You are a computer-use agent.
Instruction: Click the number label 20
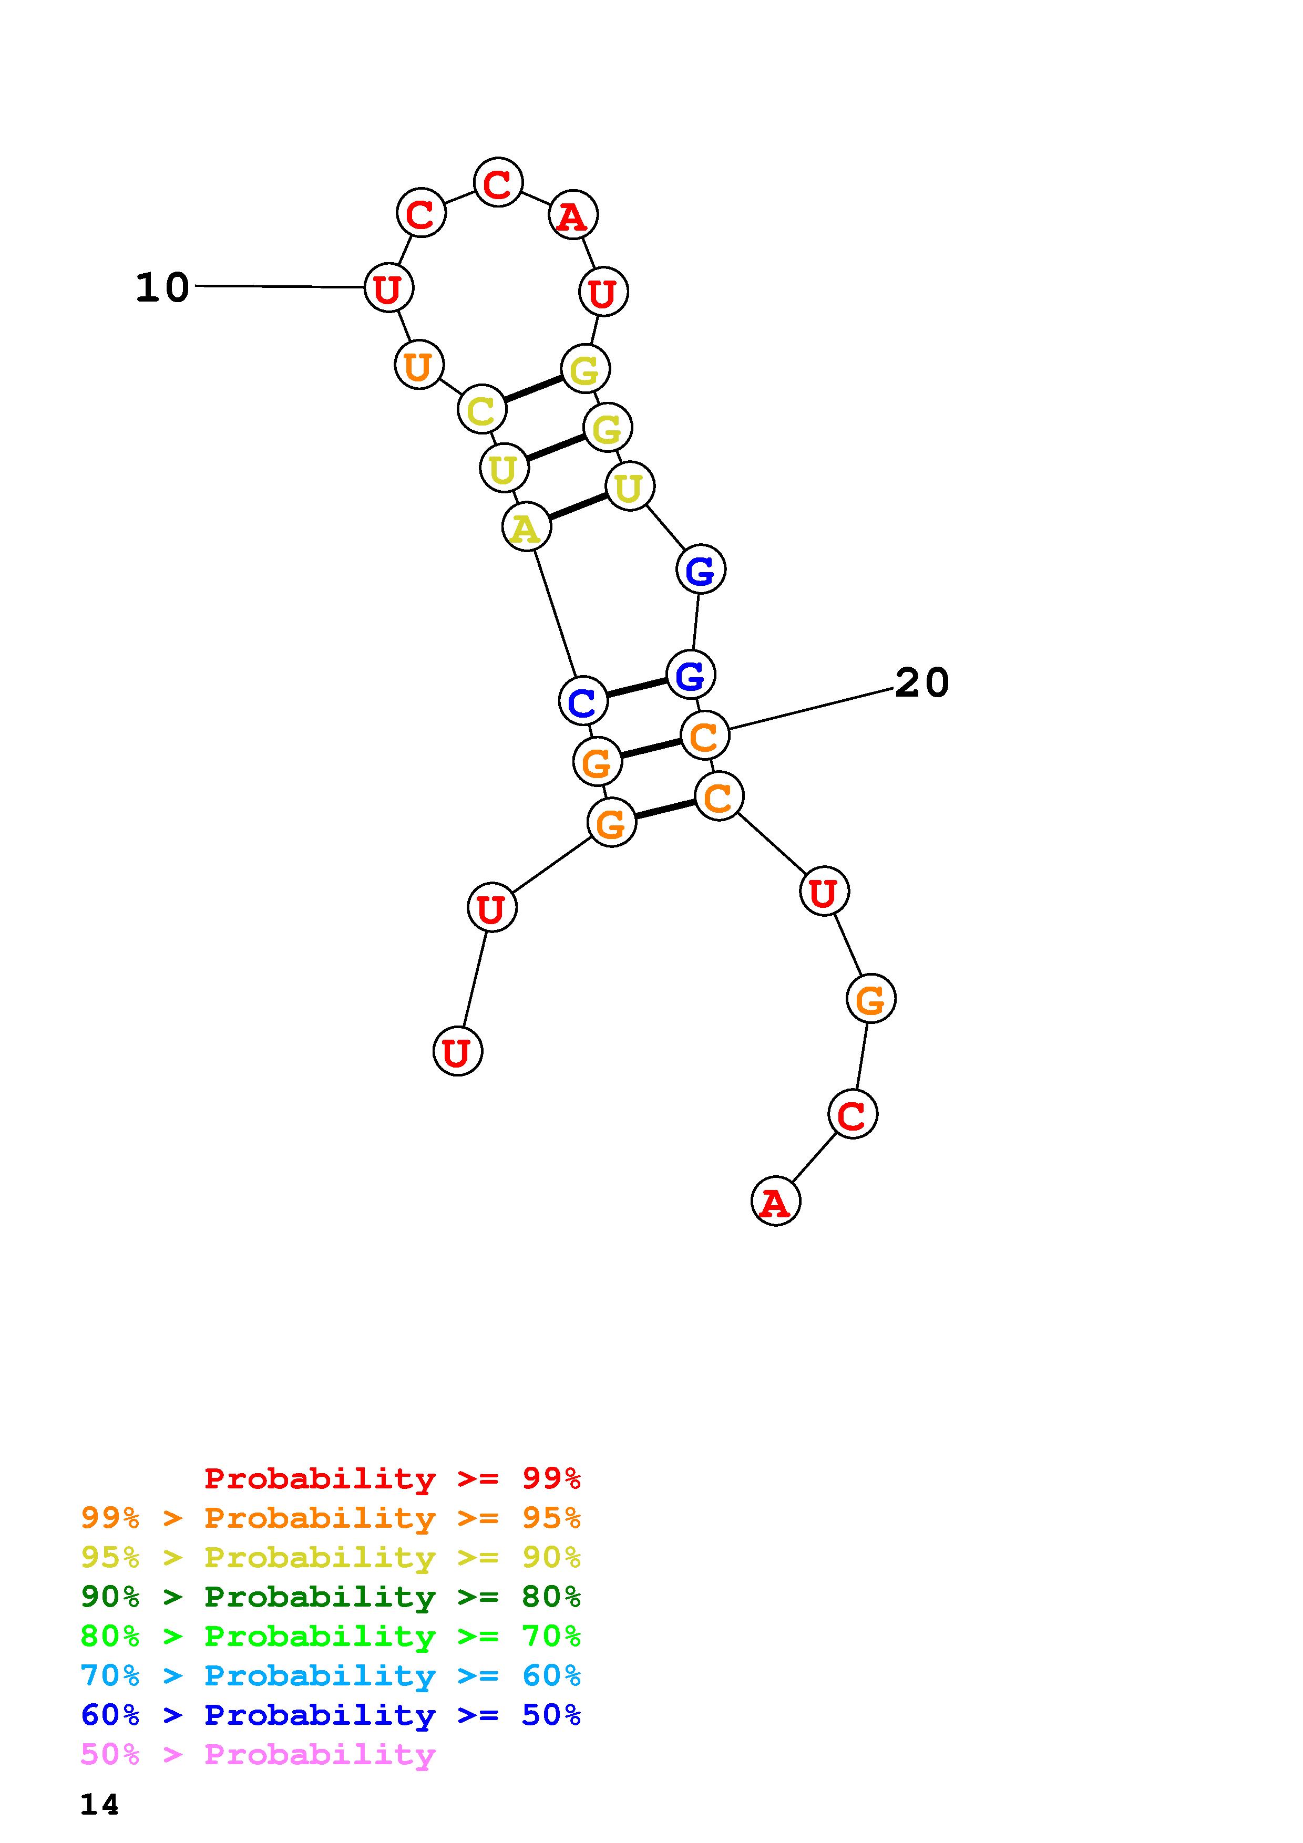[921, 683]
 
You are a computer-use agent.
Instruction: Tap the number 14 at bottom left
[99, 1804]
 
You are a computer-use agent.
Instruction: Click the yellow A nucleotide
[526, 527]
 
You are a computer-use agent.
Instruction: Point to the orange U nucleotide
[418, 365]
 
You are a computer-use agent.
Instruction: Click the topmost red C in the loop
[498, 183]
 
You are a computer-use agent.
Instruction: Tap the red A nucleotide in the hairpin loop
[572, 216]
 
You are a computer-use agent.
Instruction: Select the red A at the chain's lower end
[775, 1202]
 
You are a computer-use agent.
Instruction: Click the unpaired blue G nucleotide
[700, 570]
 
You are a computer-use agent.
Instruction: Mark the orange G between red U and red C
[870, 999]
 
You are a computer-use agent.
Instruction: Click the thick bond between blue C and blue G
[637, 687]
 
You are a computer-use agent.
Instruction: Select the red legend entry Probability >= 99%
[392, 1478]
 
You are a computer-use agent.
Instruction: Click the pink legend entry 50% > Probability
[258, 1754]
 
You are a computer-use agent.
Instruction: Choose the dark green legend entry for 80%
[330, 1597]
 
